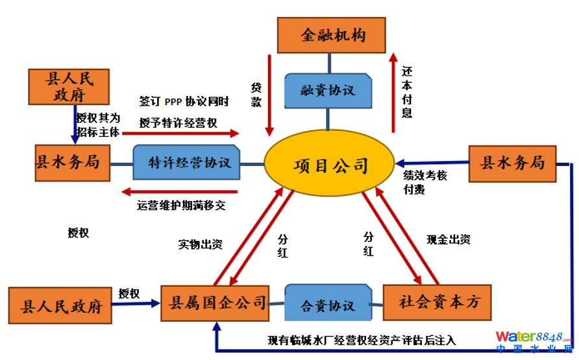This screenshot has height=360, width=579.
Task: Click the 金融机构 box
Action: (332, 34)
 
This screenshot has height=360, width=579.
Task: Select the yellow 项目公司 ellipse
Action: (330, 165)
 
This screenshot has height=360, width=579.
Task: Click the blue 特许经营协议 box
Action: (187, 162)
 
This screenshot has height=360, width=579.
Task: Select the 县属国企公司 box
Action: (215, 302)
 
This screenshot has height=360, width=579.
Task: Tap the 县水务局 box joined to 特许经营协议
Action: (73, 162)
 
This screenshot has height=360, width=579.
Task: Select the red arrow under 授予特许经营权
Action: (189, 133)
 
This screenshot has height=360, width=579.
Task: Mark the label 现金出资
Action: (448, 239)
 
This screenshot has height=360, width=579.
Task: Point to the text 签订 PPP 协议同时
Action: (184, 102)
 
